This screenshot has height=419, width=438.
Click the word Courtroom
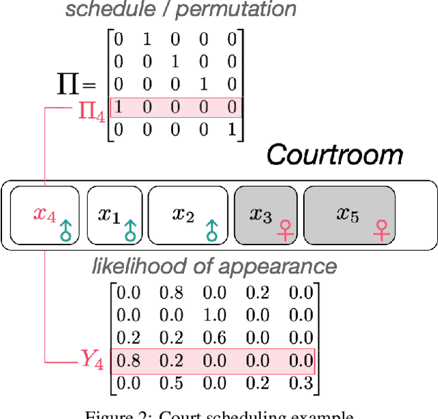[335, 154]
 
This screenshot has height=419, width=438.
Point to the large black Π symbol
[68, 84]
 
